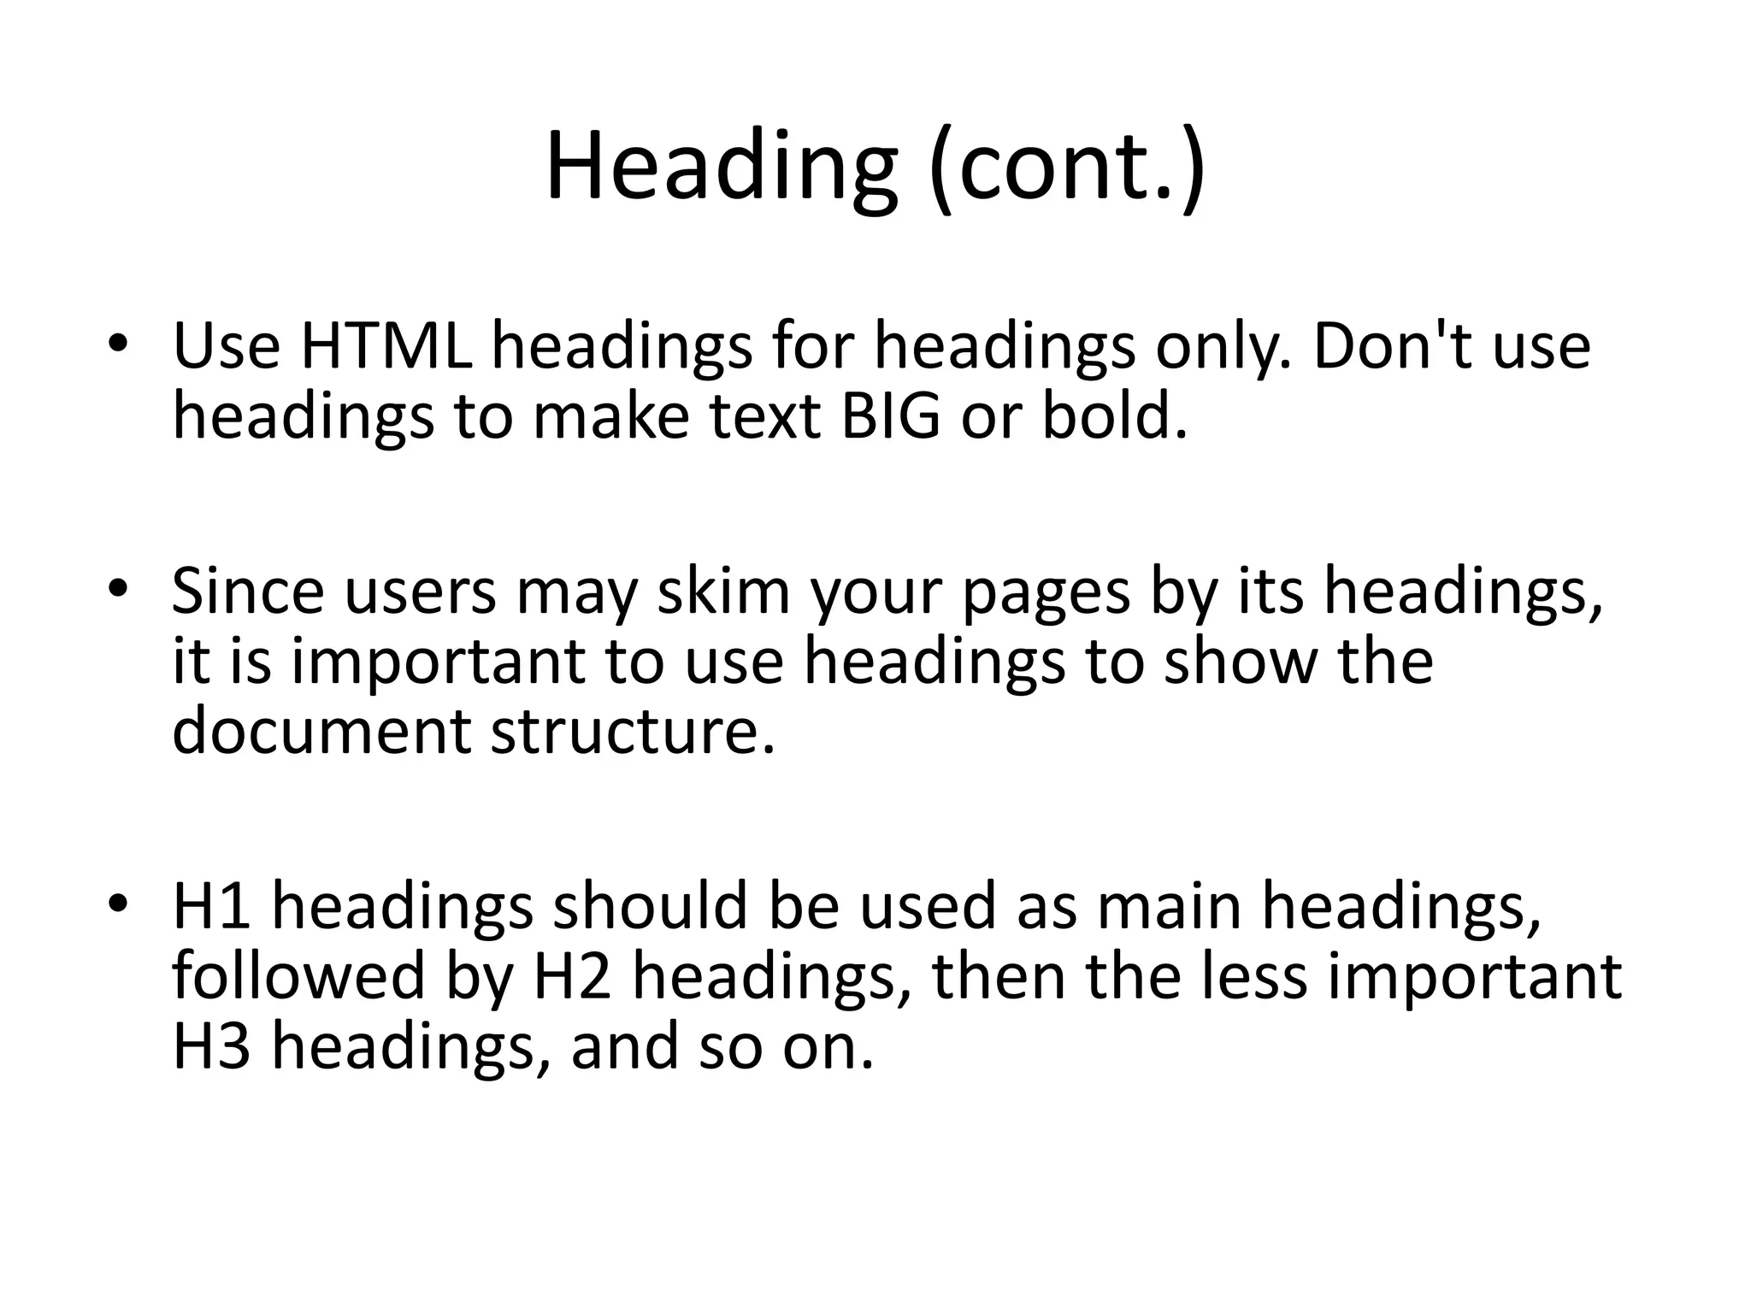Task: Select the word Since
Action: click(x=248, y=591)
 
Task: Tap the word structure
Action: click(x=633, y=732)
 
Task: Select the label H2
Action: click(x=572, y=976)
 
